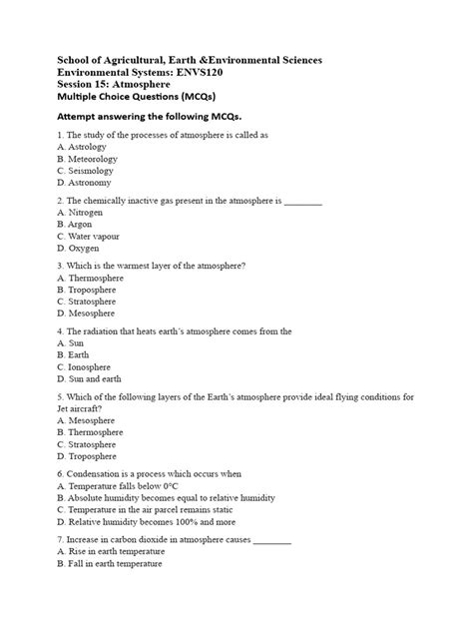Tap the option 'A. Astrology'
pyautogui.click(x=82, y=146)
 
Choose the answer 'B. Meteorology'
pyautogui.click(x=88, y=158)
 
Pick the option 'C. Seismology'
pyautogui.click(x=86, y=171)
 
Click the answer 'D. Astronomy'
pyautogui.click(x=84, y=183)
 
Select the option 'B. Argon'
pyautogui.click(x=76, y=225)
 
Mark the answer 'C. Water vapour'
pyautogui.click(x=90, y=237)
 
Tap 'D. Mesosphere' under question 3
pyautogui.click(x=88, y=314)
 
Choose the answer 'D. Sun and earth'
pyautogui.click(x=91, y=379)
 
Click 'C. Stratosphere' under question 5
pyautogui.click(x=89, y=444)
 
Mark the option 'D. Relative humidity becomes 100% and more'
pyautogui.click(x=147, y=521)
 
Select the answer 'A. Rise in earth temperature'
pyautogui.click(x=113, y=552)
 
